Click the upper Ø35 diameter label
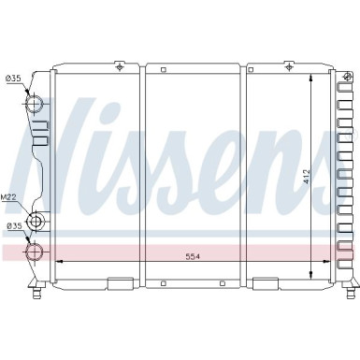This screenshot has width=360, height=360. click(x=12, y=79)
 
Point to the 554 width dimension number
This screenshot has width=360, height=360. click(x=194, y=255)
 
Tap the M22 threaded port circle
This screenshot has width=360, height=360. click(x=37, y=222)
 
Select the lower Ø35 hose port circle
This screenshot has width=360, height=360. click(x=36, y=251)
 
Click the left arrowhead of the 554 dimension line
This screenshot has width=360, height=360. click(x=60, y=260)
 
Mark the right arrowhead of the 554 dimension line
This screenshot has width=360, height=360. click(x=328, y=260)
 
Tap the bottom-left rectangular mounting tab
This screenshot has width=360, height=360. click(x=121, y=283)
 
